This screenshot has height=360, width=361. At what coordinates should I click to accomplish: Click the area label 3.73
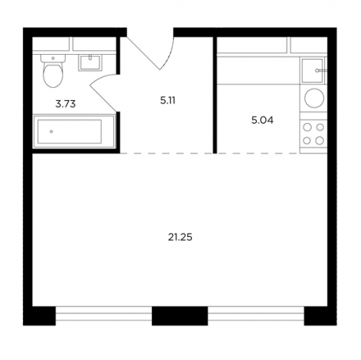pos(66,104)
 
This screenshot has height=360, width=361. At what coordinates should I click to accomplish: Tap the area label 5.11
pos(168,101)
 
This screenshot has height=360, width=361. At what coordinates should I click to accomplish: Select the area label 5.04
pos(262,120)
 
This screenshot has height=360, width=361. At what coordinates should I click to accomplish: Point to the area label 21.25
pos(180,238)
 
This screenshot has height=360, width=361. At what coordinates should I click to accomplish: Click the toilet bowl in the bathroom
pos(53,75)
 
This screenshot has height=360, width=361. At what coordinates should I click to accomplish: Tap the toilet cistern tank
pos(53,58)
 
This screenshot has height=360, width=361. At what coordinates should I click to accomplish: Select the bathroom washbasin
pos(90,63)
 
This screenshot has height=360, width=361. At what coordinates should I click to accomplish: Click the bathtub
pos(73,132)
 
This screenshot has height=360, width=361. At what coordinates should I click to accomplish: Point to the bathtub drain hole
pos(51,132)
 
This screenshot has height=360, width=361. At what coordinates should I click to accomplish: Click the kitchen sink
pos(312,71)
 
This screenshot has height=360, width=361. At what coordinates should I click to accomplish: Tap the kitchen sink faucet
pos(321,71)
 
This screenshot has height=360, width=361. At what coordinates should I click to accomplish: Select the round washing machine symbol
pos(314,98)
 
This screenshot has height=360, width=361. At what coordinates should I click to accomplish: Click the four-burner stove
pos(313,134)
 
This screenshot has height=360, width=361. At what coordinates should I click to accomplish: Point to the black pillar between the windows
pos(179,316)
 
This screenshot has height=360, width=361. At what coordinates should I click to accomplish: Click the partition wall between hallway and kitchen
pos(215,95)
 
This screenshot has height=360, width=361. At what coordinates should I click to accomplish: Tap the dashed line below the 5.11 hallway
pos(166,153)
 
